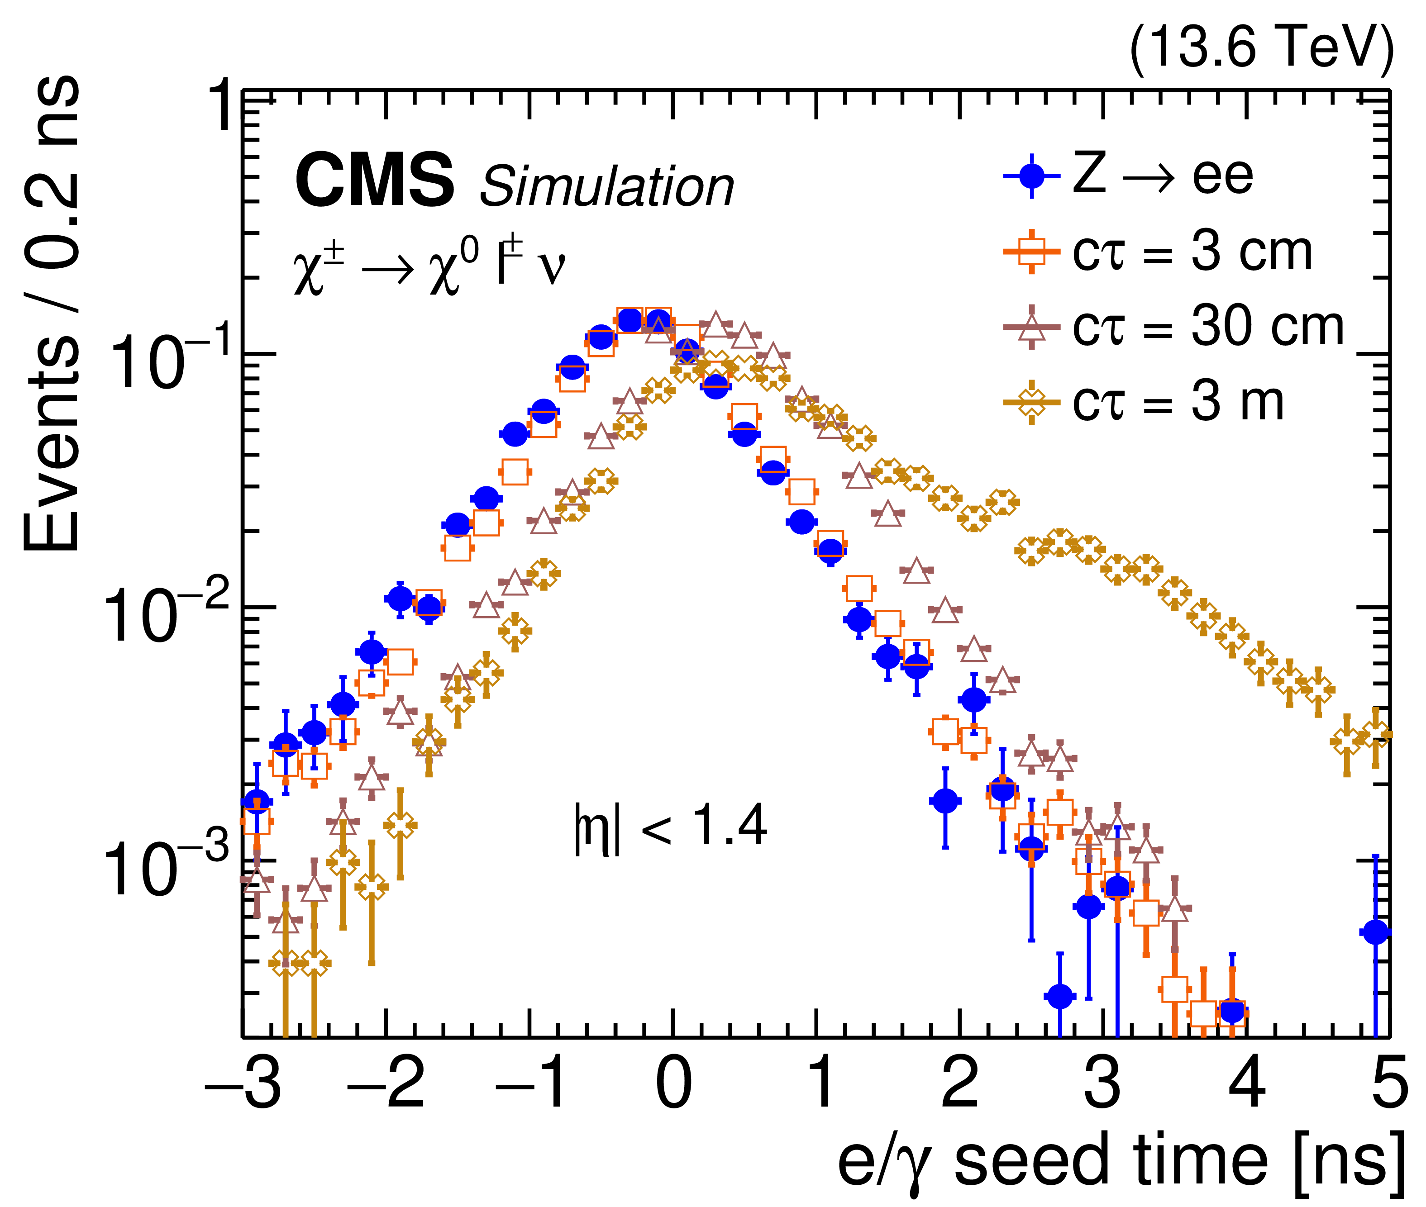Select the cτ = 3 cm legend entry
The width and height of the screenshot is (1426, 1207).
pos(1157,252)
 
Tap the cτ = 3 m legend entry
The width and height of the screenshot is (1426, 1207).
pos(1143,402)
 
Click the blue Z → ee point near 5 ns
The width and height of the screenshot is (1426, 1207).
pos(1375,932)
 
